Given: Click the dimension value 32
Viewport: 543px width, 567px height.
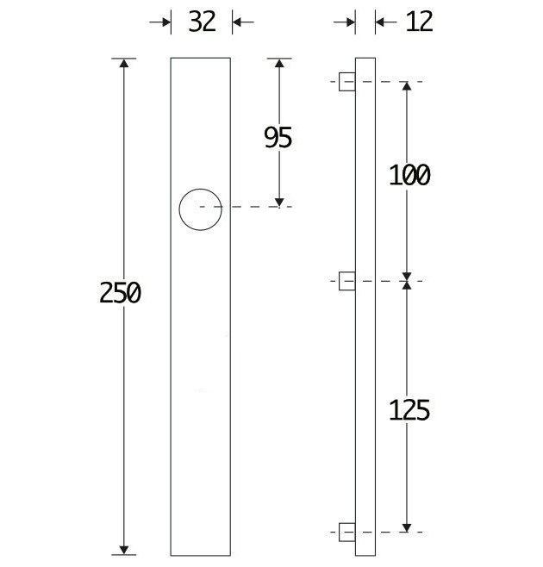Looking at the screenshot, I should (x=202, y=22).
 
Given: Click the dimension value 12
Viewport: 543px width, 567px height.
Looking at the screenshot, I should (x=419, y=22).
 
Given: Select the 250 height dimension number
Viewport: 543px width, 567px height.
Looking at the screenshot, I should (x=120, y=293).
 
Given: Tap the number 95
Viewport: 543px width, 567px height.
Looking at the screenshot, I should (x=278, y=137).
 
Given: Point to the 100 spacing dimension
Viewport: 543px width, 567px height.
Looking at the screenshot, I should (x=409, y=176).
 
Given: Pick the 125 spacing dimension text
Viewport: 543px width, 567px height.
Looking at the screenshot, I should (x=409, y=410).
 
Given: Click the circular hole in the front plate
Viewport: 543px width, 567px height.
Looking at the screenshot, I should (x=200, y=209).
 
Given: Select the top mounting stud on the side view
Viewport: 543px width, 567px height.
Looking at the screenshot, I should (x=346, y=82).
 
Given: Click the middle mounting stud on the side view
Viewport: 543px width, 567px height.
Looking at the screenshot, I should (x=346, y=281).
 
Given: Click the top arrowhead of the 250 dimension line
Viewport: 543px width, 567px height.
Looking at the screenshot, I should (x=125, y=65).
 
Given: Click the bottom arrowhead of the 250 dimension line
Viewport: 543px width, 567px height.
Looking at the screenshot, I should (x=125, y=549).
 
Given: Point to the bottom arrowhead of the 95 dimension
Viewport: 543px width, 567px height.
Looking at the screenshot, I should (x=278, y=201).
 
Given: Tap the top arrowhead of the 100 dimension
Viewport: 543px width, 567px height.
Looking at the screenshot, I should (x=408, y=88).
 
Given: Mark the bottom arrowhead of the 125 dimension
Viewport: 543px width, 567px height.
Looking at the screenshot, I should (x=408, y=526).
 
